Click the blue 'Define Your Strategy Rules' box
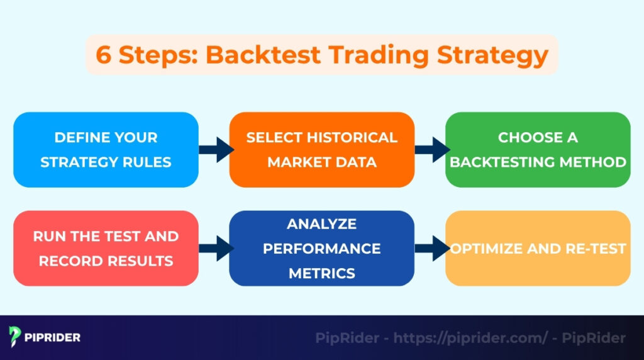point(106,150)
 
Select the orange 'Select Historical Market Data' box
point(321,150)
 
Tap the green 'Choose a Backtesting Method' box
point(538,150)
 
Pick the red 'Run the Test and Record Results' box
point(106,248)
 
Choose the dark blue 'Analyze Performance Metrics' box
point(321,248)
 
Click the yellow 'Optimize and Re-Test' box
point(538,248)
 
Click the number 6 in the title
point(103,55)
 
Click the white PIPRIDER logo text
point(53,337)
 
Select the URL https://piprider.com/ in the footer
point(470,338)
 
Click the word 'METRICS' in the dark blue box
point(321,273)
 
